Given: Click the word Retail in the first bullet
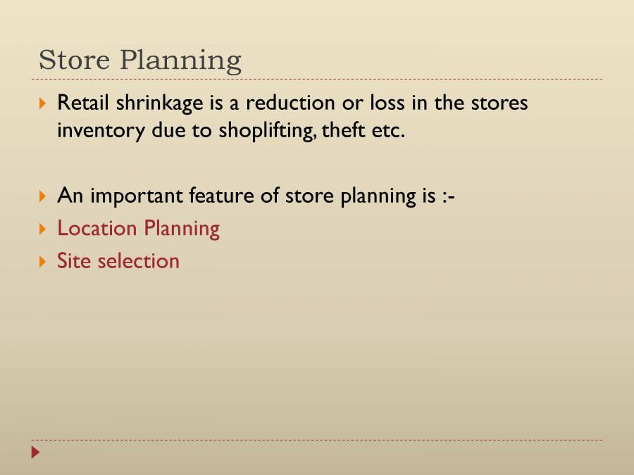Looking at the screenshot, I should coord(83,103).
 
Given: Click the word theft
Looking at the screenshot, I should coord(343,131).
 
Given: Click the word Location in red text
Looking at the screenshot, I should coord(97,228).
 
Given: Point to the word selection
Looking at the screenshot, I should coord(139,260).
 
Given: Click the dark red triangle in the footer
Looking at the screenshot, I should coord(36,452).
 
